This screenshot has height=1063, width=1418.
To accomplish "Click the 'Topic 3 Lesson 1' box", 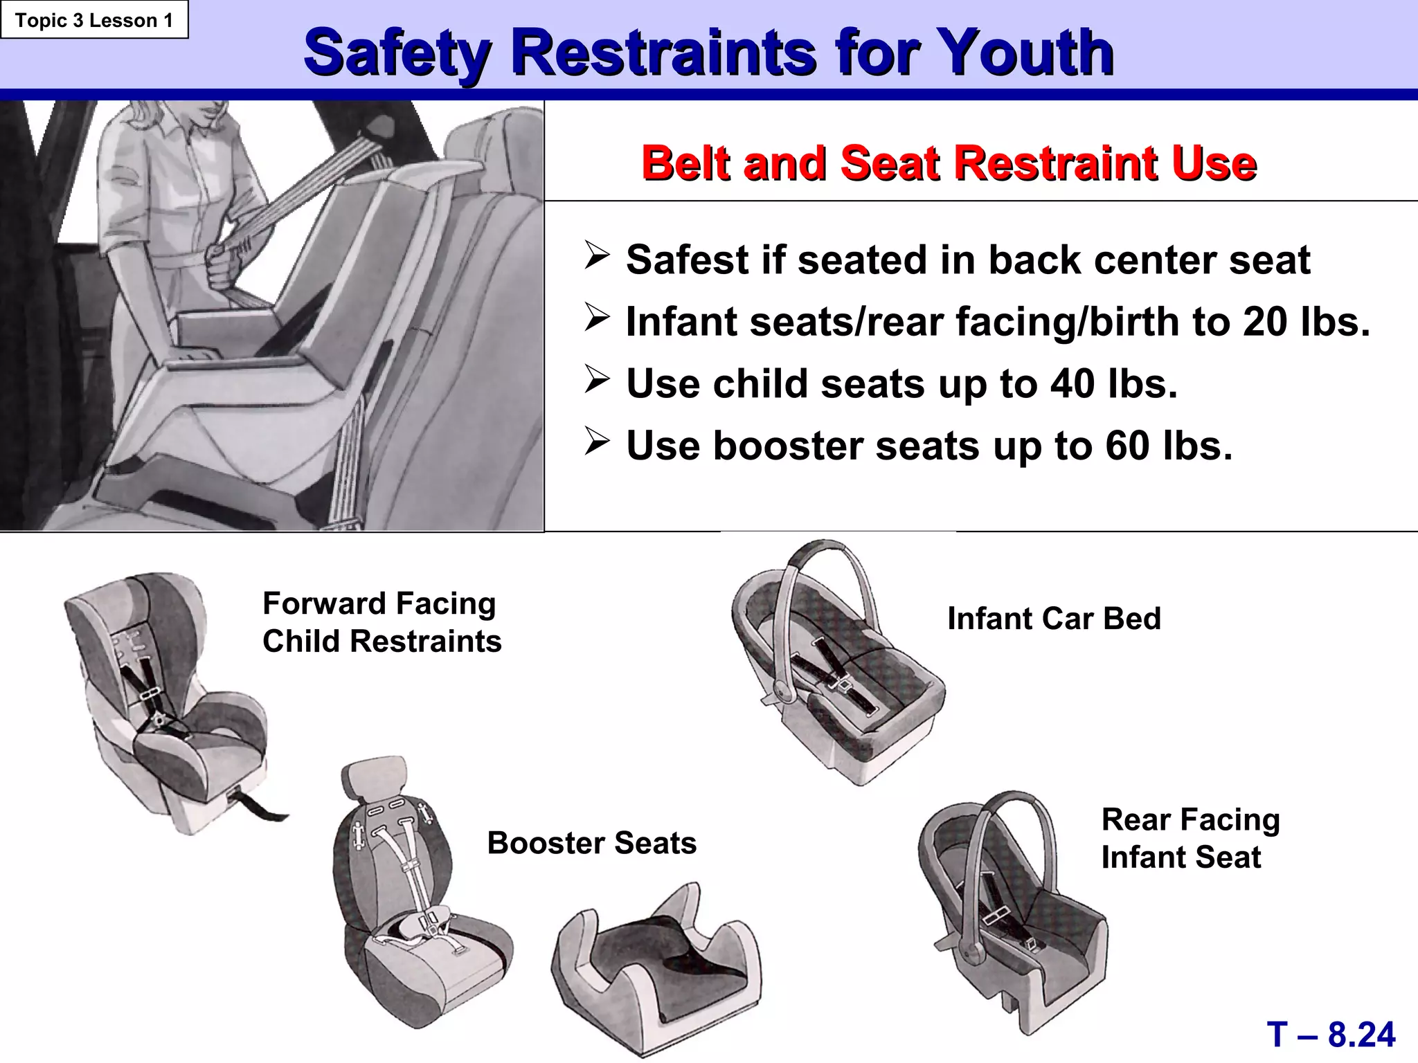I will point(94,20).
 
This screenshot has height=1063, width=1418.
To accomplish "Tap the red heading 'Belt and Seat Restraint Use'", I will point(949,163).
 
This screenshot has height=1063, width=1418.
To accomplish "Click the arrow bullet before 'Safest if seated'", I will point(596,255).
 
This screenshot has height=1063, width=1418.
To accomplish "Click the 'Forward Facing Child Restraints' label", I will point(382,622).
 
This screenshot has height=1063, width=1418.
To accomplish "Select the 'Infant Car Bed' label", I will point(1054,619).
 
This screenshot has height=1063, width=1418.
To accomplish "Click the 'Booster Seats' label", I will point(592,843).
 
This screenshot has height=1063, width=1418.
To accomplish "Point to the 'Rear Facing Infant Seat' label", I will point(1190,838).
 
